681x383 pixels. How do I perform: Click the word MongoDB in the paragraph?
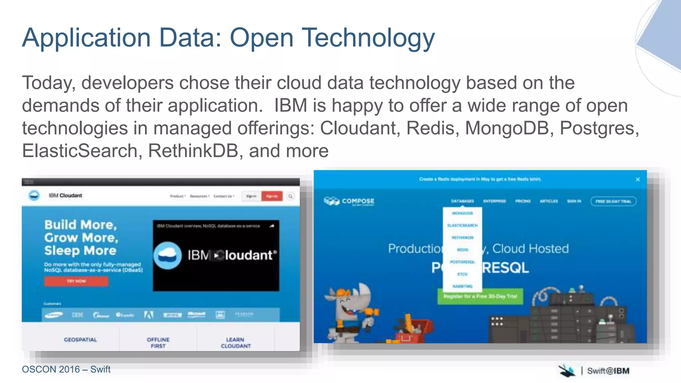pos(507,128)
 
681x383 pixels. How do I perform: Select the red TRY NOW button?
pos(76,281)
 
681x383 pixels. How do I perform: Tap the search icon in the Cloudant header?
pos(290,196)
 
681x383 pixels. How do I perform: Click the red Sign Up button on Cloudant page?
pos(272,196)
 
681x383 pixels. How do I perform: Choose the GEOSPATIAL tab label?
pos(80,339)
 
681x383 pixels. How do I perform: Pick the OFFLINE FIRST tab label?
pos(158,343)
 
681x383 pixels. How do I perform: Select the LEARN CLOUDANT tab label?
pos(236,343)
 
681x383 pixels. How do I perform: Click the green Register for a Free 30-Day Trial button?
pos(480,296)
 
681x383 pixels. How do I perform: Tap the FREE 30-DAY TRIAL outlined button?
pos(613,201)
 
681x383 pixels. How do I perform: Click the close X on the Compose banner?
pos(637,180)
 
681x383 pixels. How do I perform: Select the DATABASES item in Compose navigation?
pos(462,201)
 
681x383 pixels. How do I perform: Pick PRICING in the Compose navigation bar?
pos(523,201)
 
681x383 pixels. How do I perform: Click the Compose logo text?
pos(358,201)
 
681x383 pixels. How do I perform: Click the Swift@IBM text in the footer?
pos(608,371)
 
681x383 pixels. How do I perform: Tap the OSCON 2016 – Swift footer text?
pos(66,369)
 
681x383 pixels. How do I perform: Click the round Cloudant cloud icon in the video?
pos(168,255)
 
